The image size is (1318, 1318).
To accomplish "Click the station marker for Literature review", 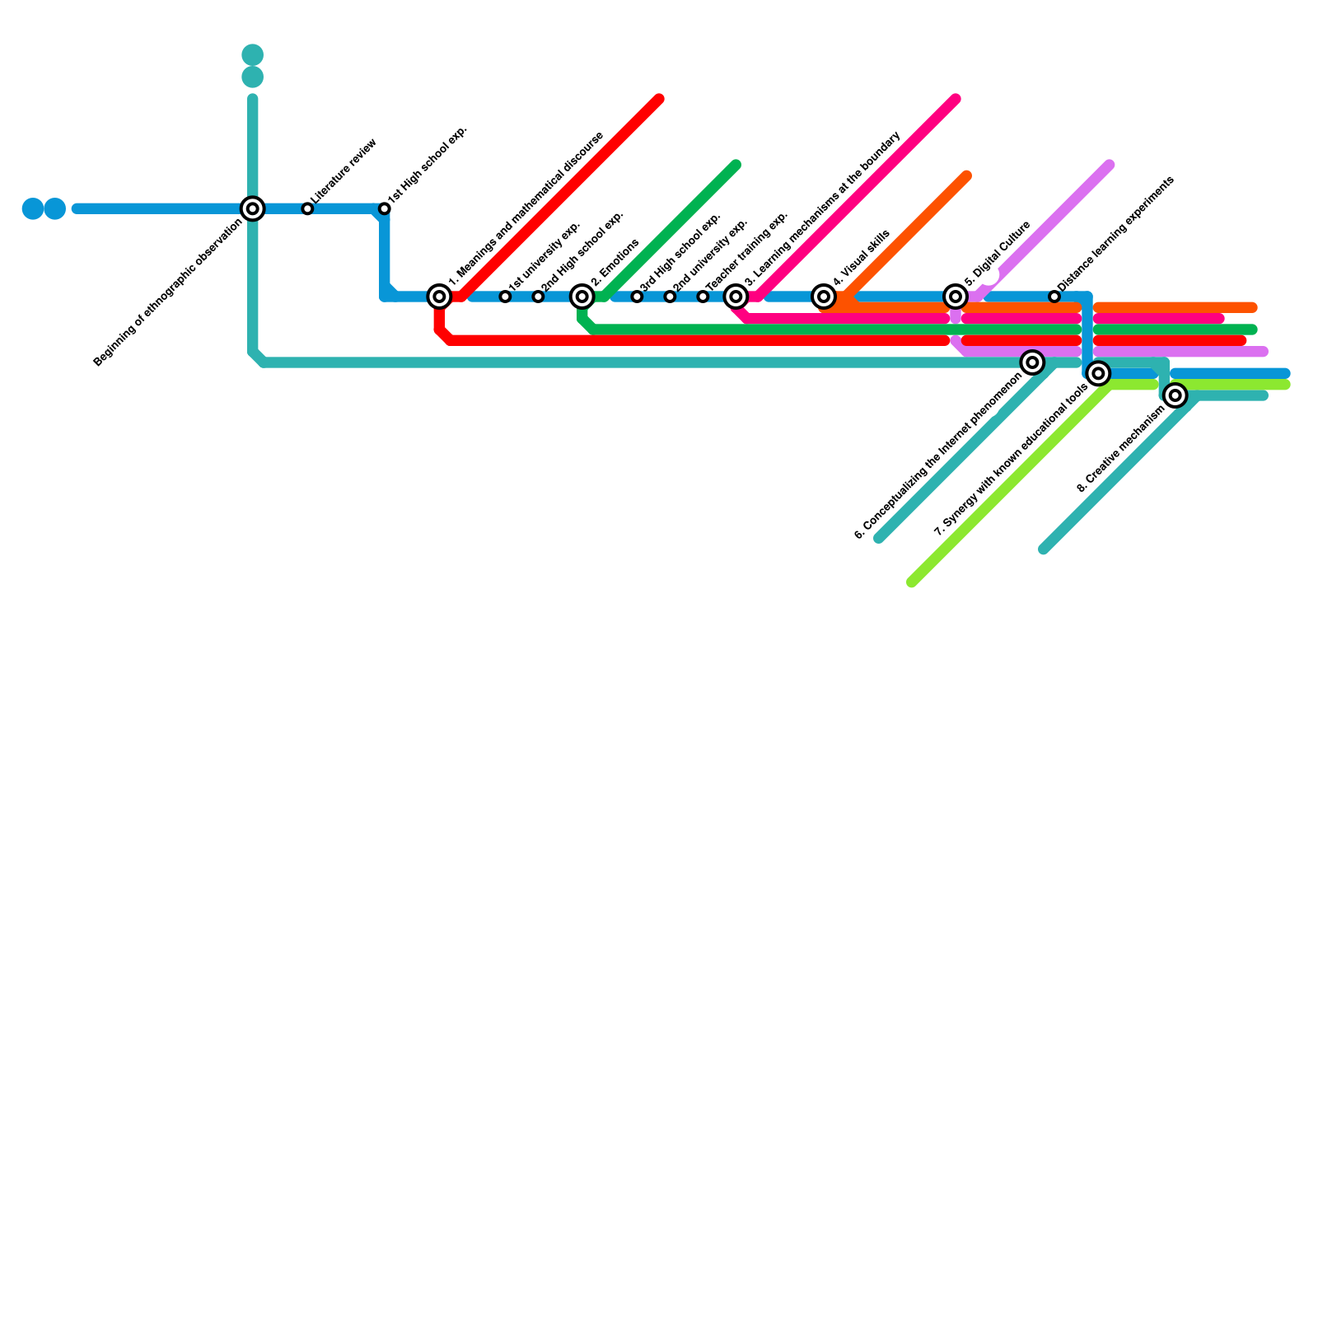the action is tap(307, 209).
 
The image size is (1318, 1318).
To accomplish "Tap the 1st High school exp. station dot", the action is tap(385, 209).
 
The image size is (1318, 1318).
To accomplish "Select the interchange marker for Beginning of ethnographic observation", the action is tap(253, 209).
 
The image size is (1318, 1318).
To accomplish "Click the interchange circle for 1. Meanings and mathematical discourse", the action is tap(440, 297).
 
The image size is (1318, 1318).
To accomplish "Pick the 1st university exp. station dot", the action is tap(505, 297).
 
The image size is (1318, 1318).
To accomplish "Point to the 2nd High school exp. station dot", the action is tap(538, 297).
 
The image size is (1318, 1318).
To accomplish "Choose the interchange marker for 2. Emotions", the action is tap(582, 297).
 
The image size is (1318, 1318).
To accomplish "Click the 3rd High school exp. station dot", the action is tap(637, 297).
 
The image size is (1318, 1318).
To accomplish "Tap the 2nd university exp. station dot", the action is tap(670, 297).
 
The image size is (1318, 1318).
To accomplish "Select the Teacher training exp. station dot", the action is tap(703, 297).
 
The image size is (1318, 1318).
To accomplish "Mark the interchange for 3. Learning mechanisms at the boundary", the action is tap(736, 297).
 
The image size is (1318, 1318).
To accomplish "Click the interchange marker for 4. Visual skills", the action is tap(824, 297).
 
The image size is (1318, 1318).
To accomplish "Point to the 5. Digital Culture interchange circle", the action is tap(956, 297).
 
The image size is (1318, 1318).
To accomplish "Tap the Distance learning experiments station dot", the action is tap(1054, 297).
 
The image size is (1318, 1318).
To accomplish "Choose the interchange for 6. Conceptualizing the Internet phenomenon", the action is tap(1032, 362).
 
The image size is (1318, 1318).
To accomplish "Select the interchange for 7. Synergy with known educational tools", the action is tap(1098, 374).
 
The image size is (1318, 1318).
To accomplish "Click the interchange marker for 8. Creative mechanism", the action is tap(1175, 395).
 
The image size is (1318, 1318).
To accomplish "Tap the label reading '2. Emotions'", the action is tap(615, 263).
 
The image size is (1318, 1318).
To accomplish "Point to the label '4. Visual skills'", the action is tap(862, 258).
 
